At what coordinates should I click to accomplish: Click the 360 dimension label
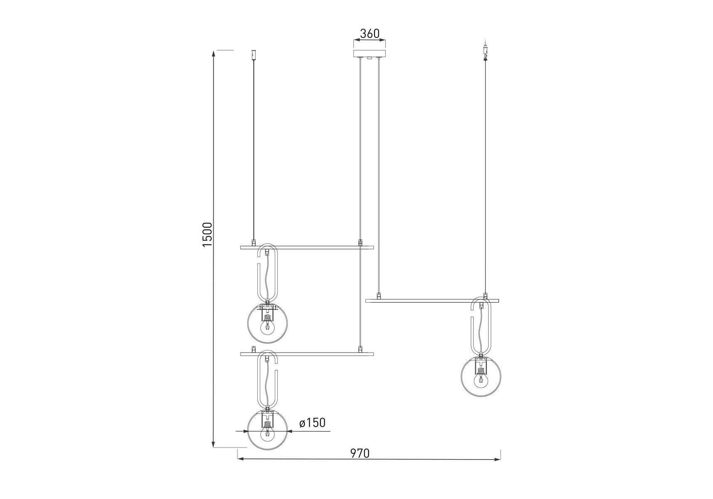pyautogui.click(x=370, y=34)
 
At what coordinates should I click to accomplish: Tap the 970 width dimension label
pyautogui.click(x=360, y=453)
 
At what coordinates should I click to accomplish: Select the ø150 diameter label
pyautogui.click(x=312, y=423)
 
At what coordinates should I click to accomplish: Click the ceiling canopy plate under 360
pyautogui.click(x=369, y=54)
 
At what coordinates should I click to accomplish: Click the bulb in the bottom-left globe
pyautogui.click(x=267, y=434)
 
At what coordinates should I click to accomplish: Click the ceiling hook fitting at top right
pyautogui.click(x=485, y=50)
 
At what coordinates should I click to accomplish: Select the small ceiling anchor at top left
pyautogui.click(x=254, y=55)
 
